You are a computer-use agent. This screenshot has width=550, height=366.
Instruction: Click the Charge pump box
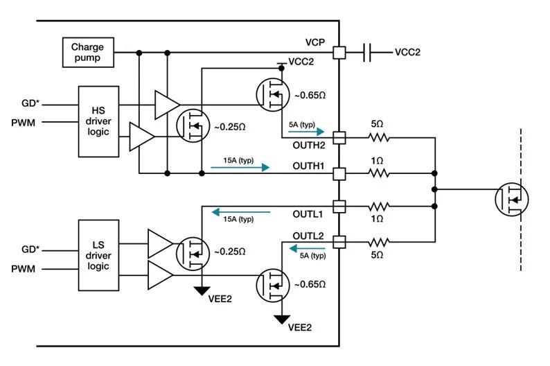pos(88,52)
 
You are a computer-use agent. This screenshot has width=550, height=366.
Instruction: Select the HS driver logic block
pos(98,121)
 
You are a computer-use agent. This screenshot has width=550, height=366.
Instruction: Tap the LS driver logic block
pos(98,255)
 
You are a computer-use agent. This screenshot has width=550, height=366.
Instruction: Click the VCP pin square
pos(339,53)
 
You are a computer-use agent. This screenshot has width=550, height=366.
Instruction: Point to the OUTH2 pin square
pos(339,138)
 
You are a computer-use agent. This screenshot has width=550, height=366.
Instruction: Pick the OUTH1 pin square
pos(339,173)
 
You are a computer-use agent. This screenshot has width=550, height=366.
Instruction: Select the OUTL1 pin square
pos(339,207)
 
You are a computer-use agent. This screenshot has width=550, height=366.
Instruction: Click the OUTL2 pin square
pos(339,242)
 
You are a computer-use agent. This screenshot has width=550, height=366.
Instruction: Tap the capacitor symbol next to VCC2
pos(367,53)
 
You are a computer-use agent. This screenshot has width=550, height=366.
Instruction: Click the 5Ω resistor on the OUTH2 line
pos(379,137)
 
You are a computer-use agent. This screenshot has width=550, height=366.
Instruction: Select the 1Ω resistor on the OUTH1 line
pos(379,173)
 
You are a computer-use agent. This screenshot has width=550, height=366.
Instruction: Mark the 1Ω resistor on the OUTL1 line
pos(379,207)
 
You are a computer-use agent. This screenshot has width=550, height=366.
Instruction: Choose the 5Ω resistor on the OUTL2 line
pos(379,242)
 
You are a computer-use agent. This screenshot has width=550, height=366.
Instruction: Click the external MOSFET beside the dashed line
pos(512,200)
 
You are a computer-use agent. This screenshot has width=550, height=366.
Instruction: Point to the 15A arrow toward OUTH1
pos(240,167)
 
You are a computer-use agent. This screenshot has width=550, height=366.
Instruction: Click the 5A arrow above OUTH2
pos(306,132)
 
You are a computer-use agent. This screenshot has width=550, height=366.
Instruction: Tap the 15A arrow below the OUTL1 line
pos(240,212)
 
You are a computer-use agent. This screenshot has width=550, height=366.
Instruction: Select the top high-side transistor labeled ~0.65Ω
pos(273,95)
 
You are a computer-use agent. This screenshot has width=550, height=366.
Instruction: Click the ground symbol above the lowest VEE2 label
pos(282,320)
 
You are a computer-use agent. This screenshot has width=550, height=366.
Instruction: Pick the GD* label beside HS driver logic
pos(30,103)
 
